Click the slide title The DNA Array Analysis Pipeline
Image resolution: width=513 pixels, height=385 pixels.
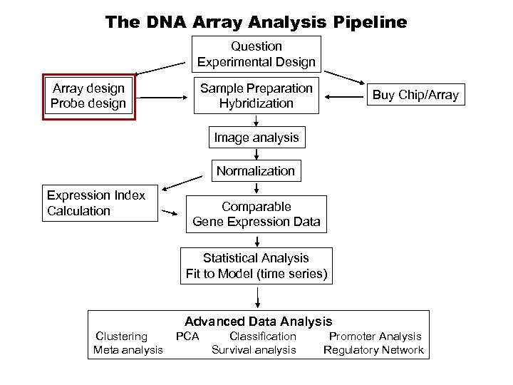(256, 22)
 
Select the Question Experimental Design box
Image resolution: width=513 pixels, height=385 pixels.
(256, 54)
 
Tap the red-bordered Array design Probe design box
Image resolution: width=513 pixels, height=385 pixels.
(89, 96)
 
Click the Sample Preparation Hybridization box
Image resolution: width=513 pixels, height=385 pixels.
(256, 96)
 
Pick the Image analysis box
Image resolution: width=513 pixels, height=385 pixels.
(256, 136)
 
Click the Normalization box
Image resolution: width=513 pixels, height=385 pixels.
(256, 171)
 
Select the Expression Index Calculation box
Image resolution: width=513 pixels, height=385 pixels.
(99, 203)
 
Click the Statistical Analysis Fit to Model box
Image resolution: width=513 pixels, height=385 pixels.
(256, 265)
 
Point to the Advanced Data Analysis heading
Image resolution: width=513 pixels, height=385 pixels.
(259, 322)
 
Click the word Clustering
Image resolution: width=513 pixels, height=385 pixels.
(122, 337)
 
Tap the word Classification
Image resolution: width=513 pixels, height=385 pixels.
(263, 337)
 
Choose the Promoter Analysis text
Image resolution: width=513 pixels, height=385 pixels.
(375, 337)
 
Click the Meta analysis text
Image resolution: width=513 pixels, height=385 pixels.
(128, 350)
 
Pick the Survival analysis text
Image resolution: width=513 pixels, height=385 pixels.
(254, 350)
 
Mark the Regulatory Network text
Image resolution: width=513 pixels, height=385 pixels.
(373, 350)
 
